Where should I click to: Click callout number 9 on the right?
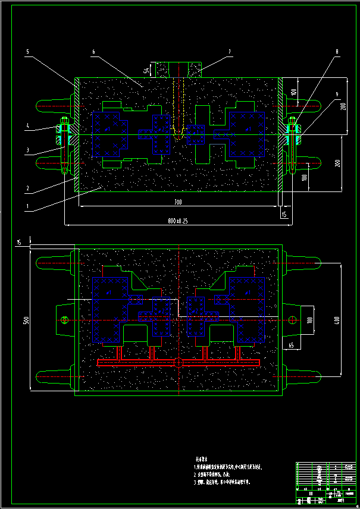(337, 94)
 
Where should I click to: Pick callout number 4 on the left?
(28, 126)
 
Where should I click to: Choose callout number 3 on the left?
(28, 150)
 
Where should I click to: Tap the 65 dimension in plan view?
(291, 344)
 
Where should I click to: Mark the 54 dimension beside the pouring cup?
(146, 70)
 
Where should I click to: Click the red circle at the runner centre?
(177, 363)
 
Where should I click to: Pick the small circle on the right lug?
(292, 320)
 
